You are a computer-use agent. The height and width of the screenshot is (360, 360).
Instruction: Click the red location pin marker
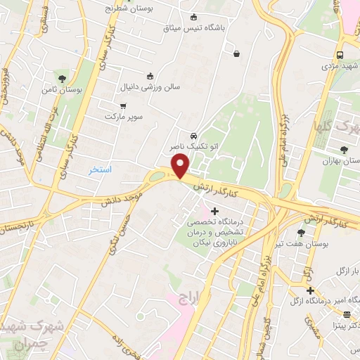click(x=181, y=165)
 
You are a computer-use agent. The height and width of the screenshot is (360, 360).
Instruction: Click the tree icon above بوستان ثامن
click(x=63, y=78)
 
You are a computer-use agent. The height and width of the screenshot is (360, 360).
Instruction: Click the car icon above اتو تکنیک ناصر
click(x=193, y=136)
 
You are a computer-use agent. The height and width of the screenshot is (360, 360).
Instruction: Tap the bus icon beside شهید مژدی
click(x=340, y=55)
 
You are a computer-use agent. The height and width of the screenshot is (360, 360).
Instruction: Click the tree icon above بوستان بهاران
click(x=343, y=149)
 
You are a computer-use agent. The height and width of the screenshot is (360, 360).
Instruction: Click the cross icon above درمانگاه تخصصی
click(x=214, y=211)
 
